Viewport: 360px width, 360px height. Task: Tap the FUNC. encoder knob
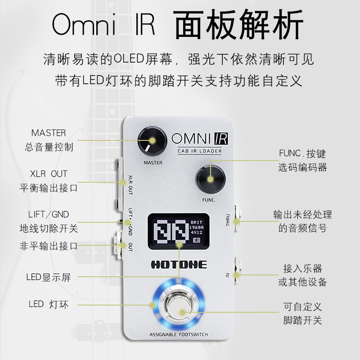click(210, 179)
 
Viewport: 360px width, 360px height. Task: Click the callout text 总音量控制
click(49, 147)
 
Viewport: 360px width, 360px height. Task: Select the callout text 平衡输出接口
click(49, 188)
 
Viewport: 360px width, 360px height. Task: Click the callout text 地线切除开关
click(49, 228)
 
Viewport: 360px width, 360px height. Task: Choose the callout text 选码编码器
click(302, 167)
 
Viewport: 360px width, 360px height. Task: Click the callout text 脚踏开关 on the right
click(302, 321)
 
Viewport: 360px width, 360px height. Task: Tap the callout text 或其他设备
click(302, 282)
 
